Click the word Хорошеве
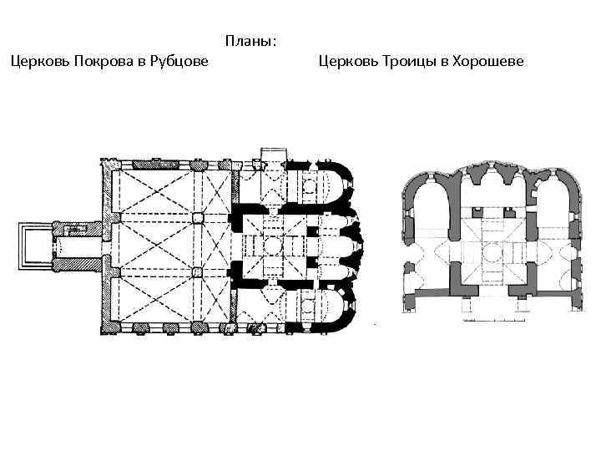[487, 61]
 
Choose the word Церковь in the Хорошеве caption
[347, 61]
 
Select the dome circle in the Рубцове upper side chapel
[310, 185]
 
